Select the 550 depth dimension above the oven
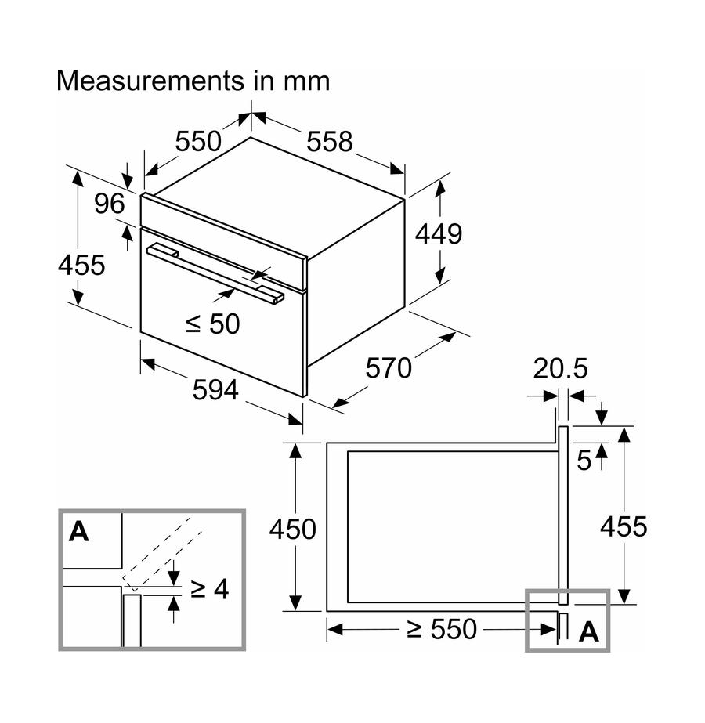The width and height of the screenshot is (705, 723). click(198, 143)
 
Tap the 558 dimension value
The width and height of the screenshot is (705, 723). click(330, 143)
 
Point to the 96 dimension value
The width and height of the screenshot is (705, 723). click(110, 204)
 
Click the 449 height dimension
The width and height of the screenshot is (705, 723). click(439, 233)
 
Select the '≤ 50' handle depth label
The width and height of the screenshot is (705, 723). click(212, 324)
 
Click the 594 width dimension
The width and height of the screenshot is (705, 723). click(215, 389)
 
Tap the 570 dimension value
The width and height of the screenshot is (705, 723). click(389, 367)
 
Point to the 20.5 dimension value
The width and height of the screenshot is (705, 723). click(560, 368)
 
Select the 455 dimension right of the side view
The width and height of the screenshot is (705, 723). click(624, 527)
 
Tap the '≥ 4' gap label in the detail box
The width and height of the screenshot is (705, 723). click(209, 589)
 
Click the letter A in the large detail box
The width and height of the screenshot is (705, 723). click(78, 532)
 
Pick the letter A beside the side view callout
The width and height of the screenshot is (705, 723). click(588, 631)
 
